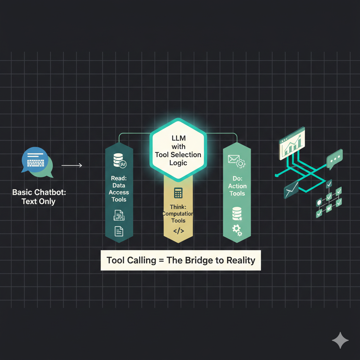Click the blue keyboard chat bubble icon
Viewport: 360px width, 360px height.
[35, 160]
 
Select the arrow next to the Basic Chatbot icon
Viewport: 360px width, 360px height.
[72, 165]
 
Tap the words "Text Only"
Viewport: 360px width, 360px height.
[39, 201]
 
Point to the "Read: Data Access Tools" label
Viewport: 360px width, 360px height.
[119, 189]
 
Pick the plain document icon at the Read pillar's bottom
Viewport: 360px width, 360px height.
[119, 231]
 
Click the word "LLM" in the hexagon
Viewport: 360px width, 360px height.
[178, 138]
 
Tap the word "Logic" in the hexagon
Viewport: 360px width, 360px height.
[178, 163]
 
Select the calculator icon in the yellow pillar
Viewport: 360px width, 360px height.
[178, 193]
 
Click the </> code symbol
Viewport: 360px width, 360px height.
[178, 231]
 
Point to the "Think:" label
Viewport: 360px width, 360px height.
[178, 207]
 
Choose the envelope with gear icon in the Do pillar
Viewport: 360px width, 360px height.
[237, 161]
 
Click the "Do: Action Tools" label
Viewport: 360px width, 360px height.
[237, 186]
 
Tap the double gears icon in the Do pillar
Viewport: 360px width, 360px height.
[237, 230]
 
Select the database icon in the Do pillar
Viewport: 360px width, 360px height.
[237, 214]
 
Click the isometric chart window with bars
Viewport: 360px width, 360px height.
[292, 143]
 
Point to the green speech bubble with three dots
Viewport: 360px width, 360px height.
[335, 159]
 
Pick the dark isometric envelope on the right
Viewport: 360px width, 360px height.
[291, 189]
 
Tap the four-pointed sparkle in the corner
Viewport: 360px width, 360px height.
[340, 340]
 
